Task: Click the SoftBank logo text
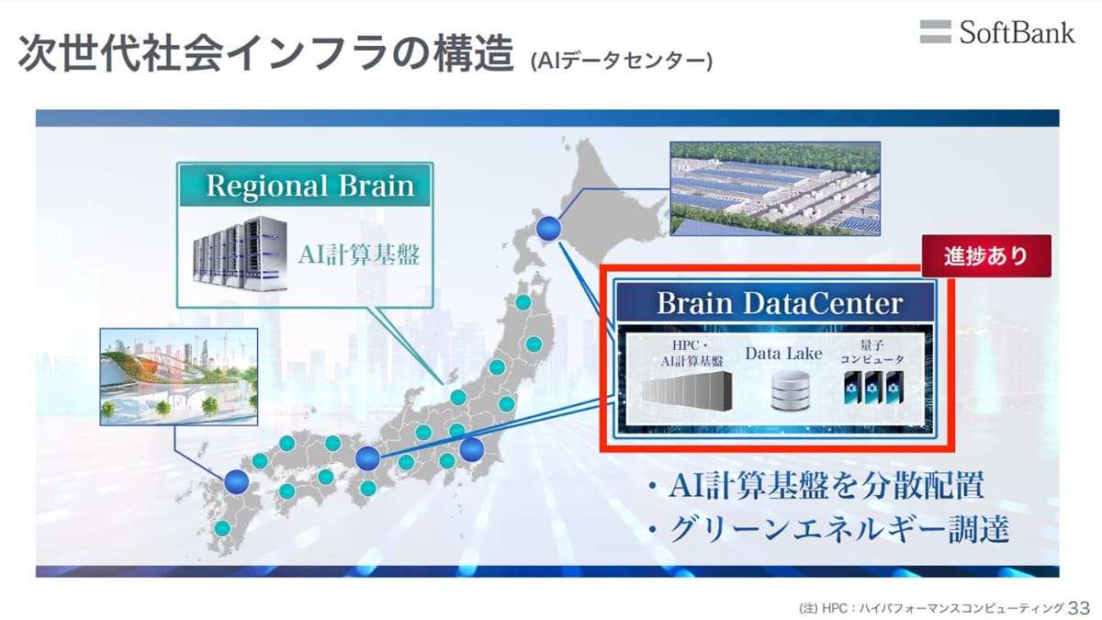point(1017,33)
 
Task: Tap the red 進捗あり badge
point(986,256)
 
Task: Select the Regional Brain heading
point(310,186)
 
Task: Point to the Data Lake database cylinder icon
point(790,390)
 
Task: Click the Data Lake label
point(783,354)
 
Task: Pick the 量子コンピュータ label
point(871,352)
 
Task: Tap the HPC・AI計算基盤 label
point(692,354)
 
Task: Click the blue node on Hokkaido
point(548,229)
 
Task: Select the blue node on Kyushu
point(237,481)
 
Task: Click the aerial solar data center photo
point(775,189)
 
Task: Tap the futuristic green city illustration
point(178,377)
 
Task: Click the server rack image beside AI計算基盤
point(240,254)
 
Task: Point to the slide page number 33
point(1079,608)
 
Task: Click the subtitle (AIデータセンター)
point(622,61)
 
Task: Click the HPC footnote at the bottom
point(931,609)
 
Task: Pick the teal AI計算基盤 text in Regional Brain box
point(359,255)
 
